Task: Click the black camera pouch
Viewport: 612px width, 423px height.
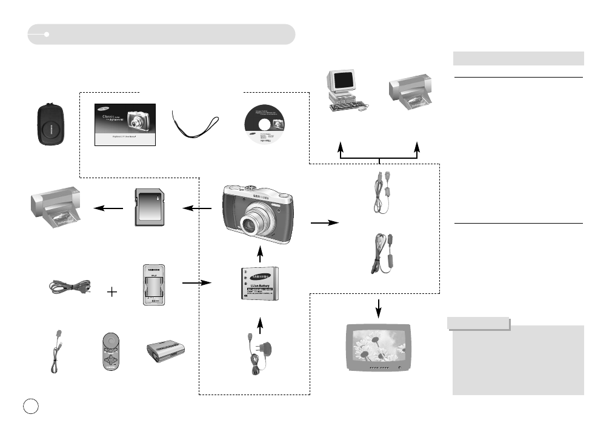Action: tap(51, 125)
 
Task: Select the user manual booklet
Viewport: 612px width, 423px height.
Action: tap(124, 124)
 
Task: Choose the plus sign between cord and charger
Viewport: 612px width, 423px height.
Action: tap(113, 292)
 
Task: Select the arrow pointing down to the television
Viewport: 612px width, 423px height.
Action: tap(379, 308)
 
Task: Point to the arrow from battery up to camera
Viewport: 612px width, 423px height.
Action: tap(260, 251)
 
